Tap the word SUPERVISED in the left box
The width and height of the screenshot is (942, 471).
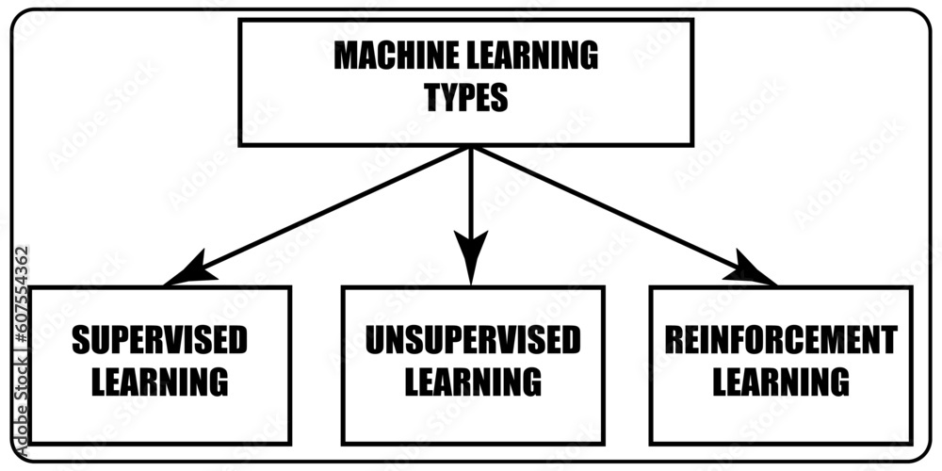point(160,341)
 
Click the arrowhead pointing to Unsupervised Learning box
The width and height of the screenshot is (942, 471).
point(471,259)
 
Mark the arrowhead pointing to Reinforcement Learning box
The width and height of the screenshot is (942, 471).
point(754,272)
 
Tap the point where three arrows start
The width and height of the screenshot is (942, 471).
point(471,149)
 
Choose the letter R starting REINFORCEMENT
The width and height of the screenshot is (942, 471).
point(675,341)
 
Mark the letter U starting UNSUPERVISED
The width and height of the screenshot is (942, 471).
point(374,341)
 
